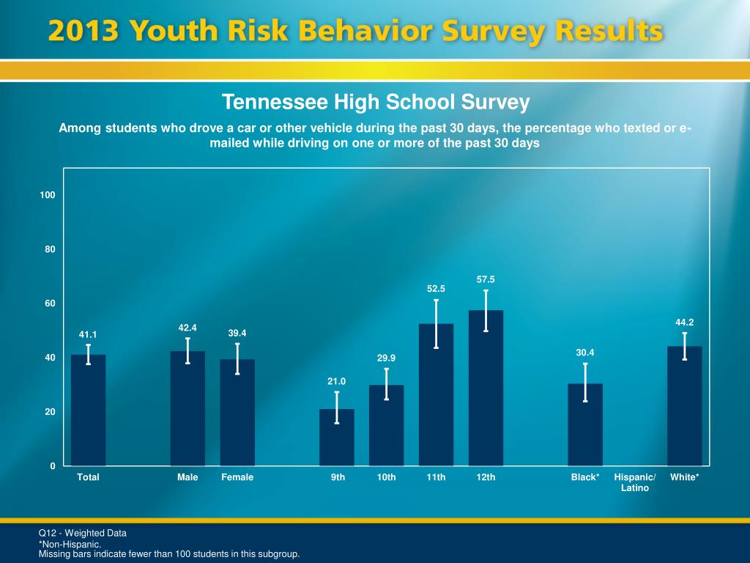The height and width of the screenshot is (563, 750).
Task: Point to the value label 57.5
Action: click(x=486, y=279)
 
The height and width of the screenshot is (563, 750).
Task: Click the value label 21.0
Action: click(x=336, y=381)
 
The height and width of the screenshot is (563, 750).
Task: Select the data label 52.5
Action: click(x=437, y=290)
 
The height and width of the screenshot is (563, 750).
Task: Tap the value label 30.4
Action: click(x=584, y=353)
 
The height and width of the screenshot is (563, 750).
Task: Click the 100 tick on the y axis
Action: click(x=48, y=195)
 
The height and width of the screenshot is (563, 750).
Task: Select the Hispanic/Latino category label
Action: click(x=634, y=482)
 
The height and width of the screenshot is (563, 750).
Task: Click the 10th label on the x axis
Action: click(x=387, y=477)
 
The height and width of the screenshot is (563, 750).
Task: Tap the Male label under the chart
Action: click(x=187, y=477)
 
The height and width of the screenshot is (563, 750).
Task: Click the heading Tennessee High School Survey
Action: click(x=376, y=102)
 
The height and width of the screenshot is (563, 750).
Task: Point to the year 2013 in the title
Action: click(x=83, y=32)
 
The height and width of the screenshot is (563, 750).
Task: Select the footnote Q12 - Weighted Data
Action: click(x=82, y=533)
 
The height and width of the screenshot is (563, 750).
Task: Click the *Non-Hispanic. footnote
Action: click(x=70, y=545)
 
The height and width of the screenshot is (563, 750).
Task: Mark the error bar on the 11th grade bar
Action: click(x=436, y=323)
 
